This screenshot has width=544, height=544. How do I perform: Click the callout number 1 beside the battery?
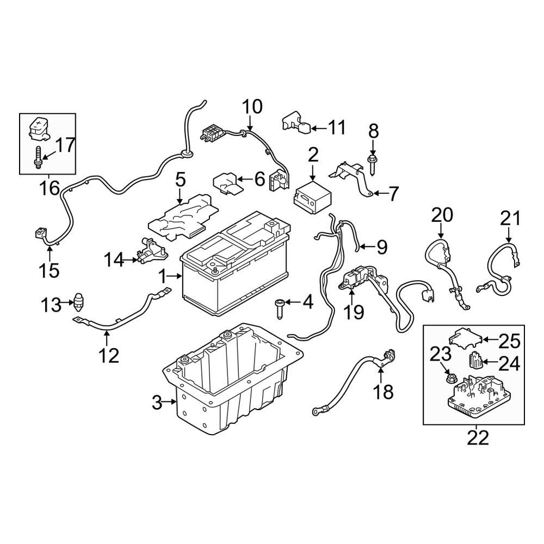163,277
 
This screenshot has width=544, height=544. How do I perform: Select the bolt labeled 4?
280,309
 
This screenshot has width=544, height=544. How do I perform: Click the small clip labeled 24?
477,361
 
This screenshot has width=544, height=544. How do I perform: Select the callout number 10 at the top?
251,106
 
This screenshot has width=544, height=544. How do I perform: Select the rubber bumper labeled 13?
79,301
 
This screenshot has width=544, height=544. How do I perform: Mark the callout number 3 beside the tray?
157,403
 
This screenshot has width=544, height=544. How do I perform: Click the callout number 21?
510,219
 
